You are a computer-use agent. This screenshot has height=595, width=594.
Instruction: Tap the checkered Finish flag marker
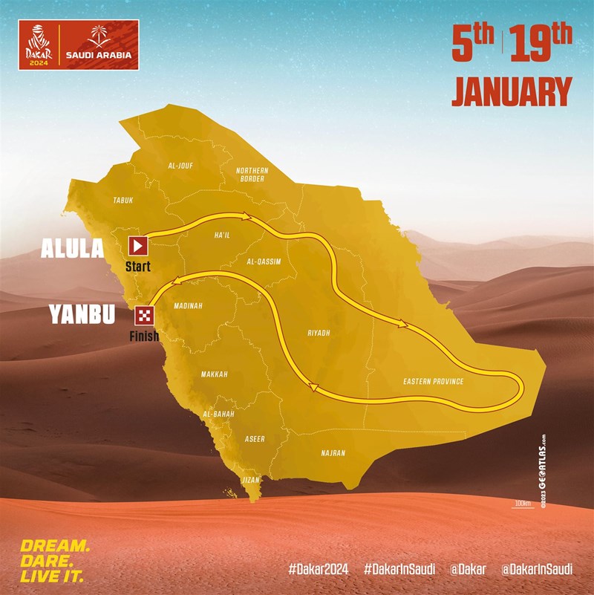pos(143,315)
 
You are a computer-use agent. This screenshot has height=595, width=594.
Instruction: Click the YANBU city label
pos(82,315)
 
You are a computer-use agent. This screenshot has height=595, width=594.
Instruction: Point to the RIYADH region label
pos(318,334)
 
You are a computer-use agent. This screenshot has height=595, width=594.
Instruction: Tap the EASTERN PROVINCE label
pos(433,382)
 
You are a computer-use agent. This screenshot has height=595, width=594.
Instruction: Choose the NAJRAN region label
pos(333,452)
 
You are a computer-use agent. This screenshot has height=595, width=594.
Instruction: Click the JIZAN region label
pos(252,480)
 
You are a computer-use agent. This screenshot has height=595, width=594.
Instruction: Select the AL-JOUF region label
pos(180,166)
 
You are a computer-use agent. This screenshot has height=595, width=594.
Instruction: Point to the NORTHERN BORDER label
pos(252,175)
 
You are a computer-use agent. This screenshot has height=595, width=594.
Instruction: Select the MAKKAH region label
pos(214,374)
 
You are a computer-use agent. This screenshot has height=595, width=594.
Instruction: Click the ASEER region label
pos(254,439)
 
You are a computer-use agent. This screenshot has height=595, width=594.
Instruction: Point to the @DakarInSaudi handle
pos(536,570)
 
